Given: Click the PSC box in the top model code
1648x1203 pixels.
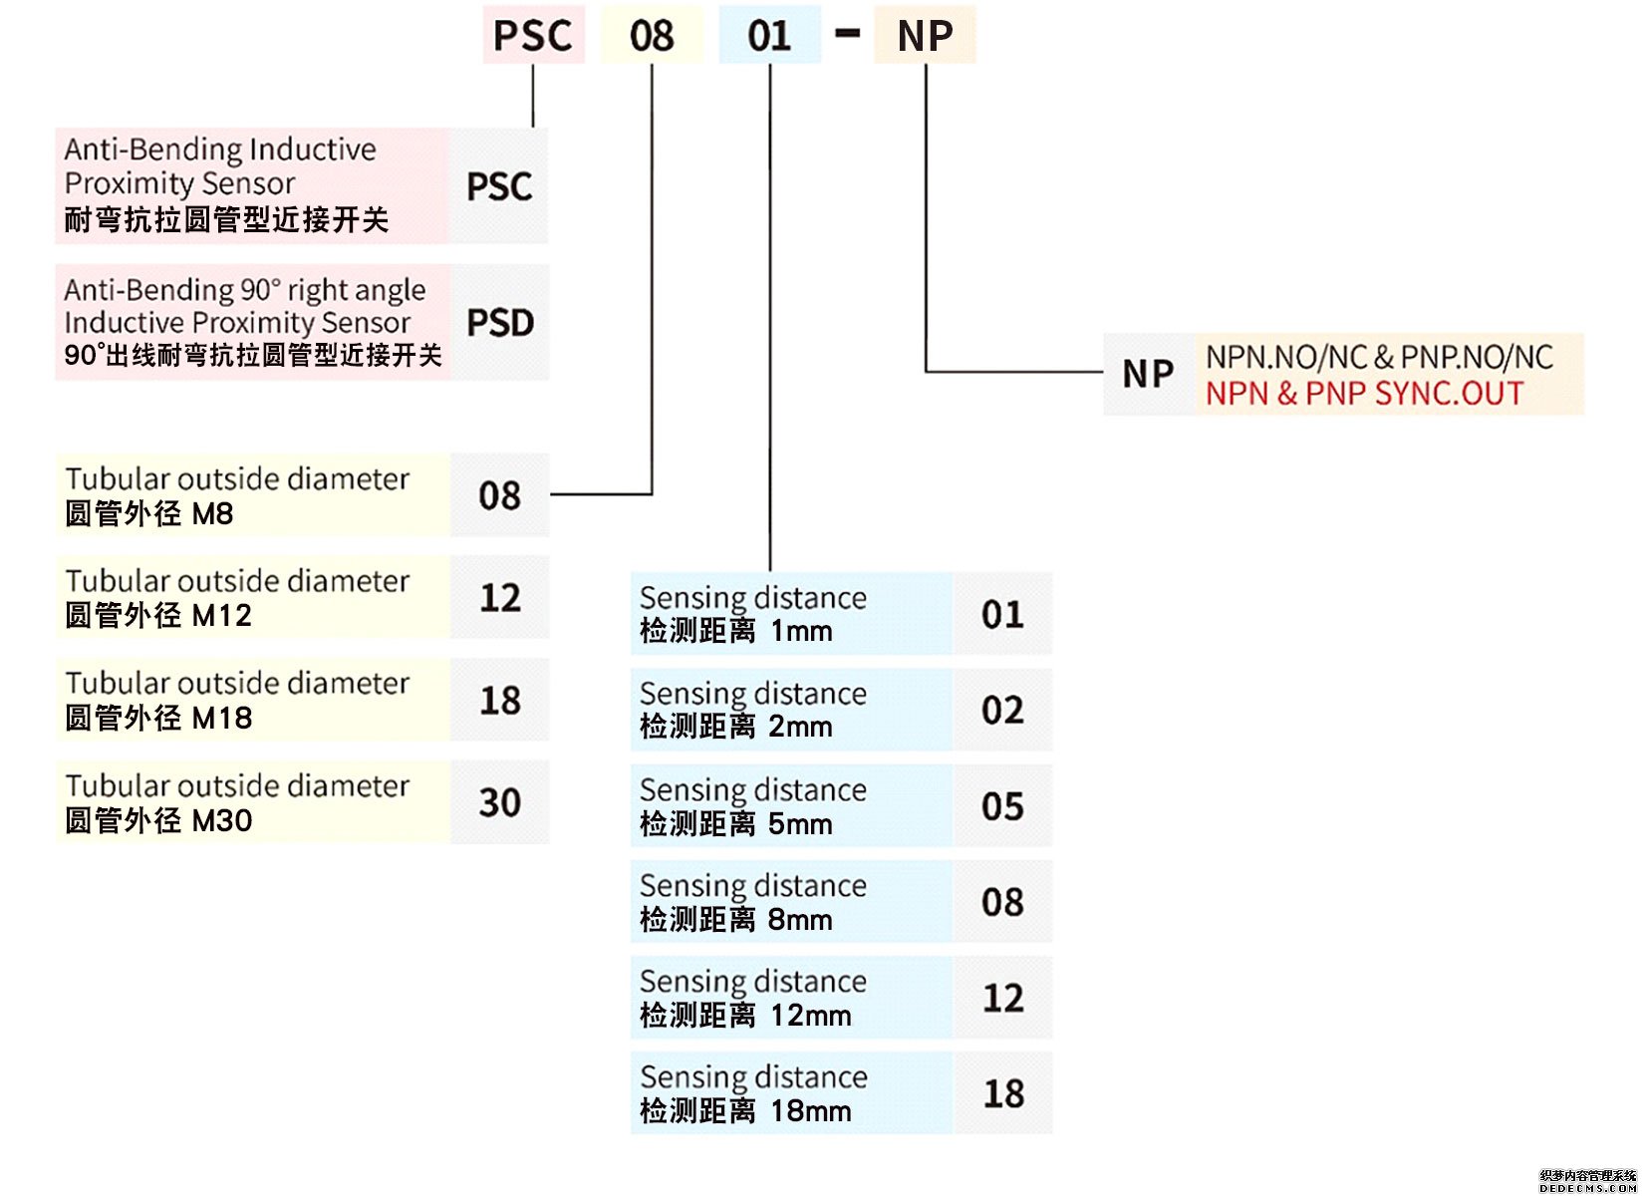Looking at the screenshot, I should point(533,36).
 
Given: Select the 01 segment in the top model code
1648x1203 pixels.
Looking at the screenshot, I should point(769,36).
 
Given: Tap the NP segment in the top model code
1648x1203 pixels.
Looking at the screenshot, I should point(925,36).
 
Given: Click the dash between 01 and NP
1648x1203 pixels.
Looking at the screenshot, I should point(847,34).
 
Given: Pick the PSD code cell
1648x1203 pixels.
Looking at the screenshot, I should point(500,323).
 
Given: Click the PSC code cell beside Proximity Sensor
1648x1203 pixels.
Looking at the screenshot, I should point(499,186).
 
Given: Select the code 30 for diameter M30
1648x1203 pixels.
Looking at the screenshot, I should point(500,802).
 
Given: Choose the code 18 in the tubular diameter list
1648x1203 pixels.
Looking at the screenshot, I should point(500,701).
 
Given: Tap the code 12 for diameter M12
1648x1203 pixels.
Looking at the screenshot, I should point(500,598).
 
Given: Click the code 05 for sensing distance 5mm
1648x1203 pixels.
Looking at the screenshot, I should point(1002,806).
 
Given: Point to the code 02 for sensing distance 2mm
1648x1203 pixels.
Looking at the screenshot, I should point(1002,711).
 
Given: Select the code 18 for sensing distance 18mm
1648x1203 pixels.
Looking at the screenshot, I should point(1003,1093).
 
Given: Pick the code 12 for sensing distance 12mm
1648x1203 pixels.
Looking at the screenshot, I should point(1003,998).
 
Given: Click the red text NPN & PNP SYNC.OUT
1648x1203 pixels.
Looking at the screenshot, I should point(1364,394).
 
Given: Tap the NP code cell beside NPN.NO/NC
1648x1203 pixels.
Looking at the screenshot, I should point(1148,374).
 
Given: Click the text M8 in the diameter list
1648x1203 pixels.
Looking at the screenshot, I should point(212,514).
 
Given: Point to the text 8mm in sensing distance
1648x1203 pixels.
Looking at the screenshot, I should point(800,919).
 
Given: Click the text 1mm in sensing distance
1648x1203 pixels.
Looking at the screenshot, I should point(801,631).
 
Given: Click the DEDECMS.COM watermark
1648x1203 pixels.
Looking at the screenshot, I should point(1587,1188).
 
